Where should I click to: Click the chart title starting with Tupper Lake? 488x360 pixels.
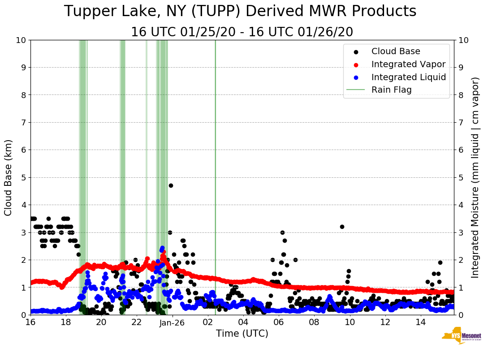tap(240, 12)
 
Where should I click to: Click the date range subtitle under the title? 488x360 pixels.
tap(242, 32)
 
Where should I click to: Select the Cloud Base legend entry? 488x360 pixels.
tap(396, 51)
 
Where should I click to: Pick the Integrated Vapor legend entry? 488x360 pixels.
tap(408, 64)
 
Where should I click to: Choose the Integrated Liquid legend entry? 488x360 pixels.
tap(408, 77)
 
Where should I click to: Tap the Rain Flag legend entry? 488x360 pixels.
tap(391, 90)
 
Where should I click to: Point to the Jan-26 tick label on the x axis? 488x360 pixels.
tap(173, 322)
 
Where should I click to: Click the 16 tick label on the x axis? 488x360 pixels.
tap(30, 322)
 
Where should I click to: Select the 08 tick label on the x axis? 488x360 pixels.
tap(314, 322)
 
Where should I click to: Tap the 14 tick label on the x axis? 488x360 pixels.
tap(421, 322)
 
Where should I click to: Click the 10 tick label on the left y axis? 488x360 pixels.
tap(20, 40)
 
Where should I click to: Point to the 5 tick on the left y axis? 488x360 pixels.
tap(22, 177)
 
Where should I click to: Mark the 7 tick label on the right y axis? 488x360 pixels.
tap(460, 122)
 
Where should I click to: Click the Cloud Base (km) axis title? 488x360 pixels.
tap(9, 177)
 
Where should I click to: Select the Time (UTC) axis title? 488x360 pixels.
tap(242, 334)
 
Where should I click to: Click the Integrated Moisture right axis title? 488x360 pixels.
tap(475, 177)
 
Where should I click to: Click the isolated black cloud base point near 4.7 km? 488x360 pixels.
tap(171, 185)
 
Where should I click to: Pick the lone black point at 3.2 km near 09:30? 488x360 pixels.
tap(342, 227)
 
